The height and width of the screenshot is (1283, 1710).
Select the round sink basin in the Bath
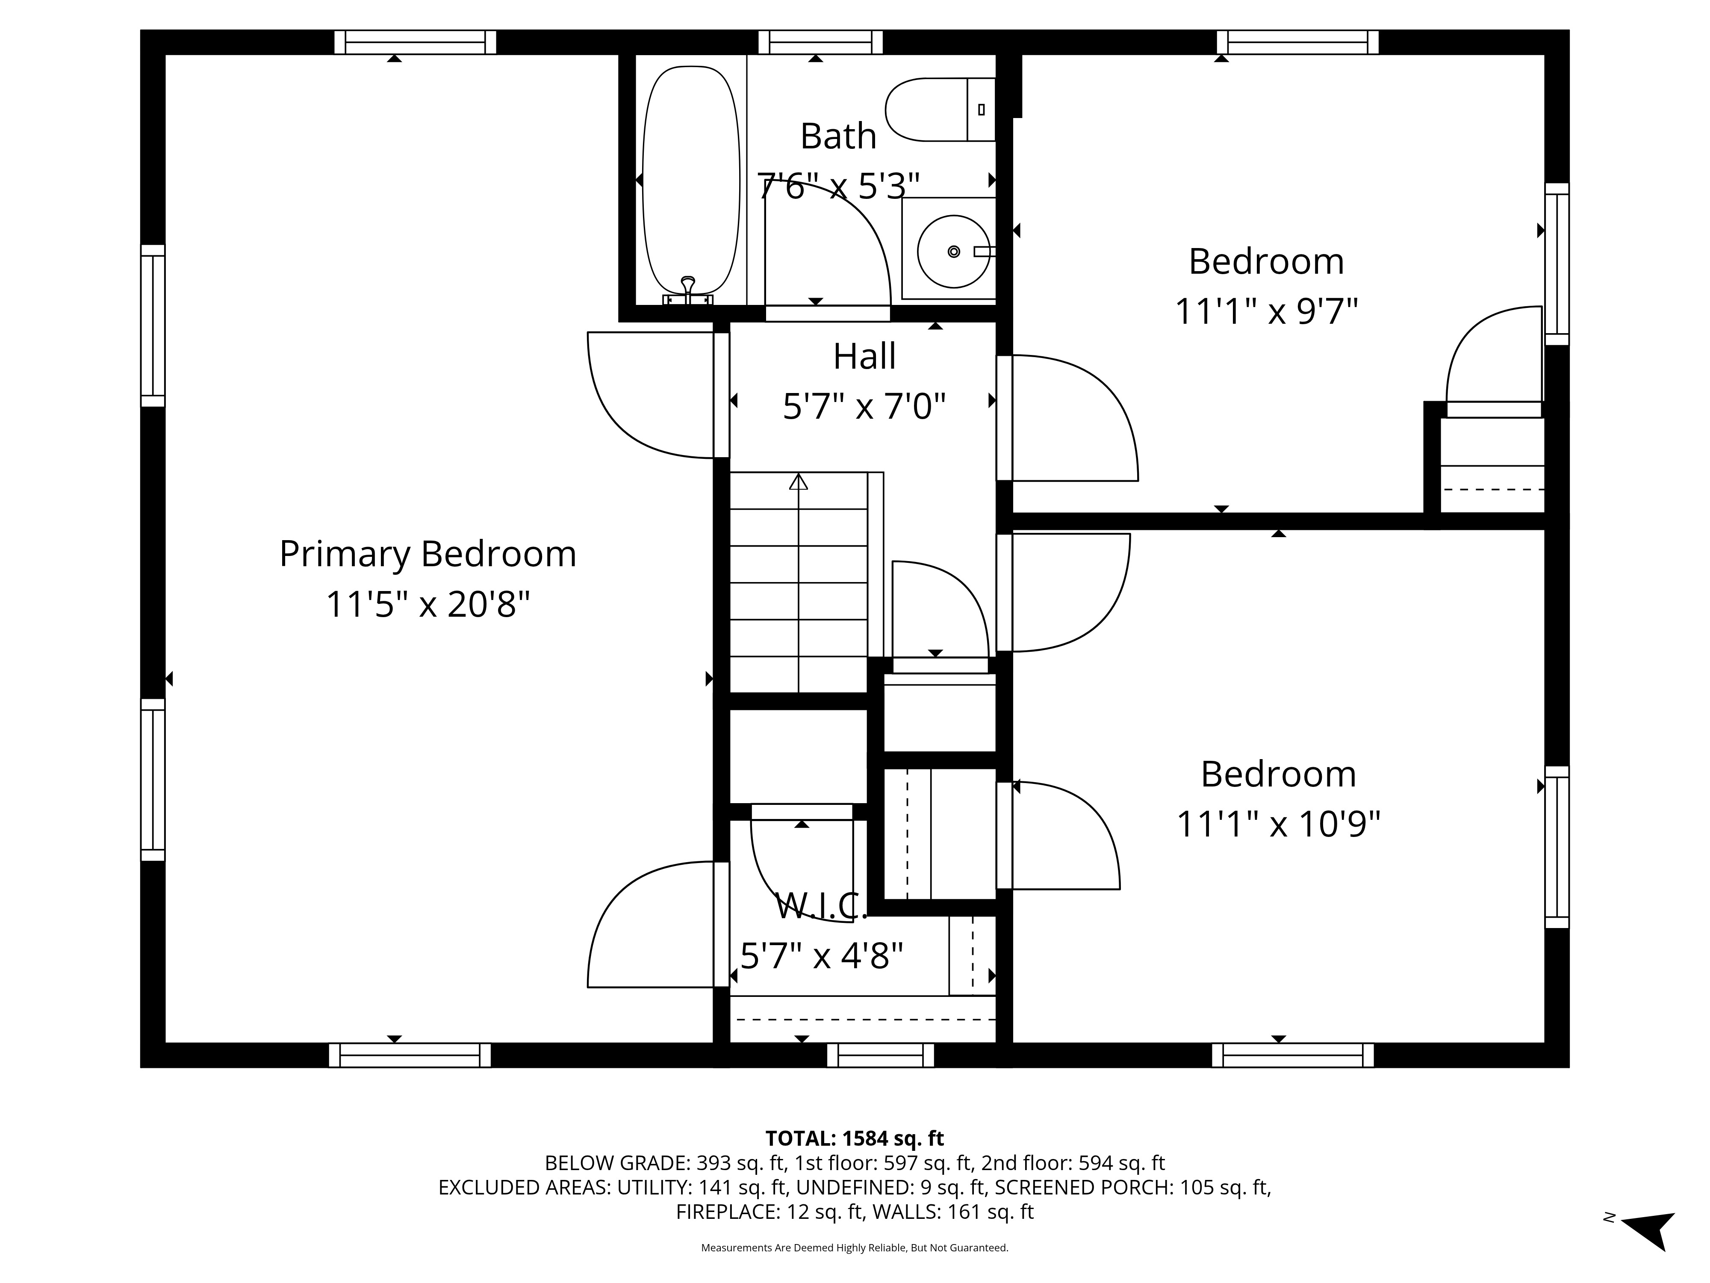953,251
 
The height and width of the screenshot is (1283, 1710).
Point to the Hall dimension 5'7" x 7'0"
864,406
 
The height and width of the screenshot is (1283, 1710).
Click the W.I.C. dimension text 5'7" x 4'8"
822,956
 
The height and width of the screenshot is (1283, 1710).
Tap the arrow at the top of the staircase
799,482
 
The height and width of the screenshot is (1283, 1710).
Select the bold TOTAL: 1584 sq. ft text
854,1138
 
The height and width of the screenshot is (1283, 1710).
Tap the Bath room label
838,137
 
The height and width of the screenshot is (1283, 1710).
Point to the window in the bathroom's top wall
820,42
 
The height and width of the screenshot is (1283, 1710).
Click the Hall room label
864,357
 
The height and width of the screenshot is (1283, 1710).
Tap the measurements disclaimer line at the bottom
854,1248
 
